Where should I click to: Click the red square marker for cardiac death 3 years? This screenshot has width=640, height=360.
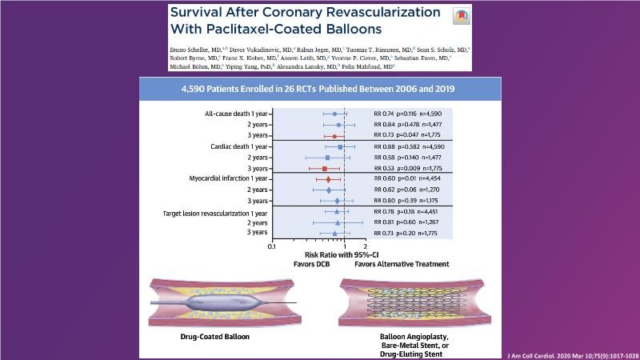coord(325,169)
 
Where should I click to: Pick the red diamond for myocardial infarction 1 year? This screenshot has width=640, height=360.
coord(328,179)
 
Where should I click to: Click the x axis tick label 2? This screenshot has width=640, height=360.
coord(366,246)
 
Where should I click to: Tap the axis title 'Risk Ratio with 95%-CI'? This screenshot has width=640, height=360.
coord(318,255)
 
